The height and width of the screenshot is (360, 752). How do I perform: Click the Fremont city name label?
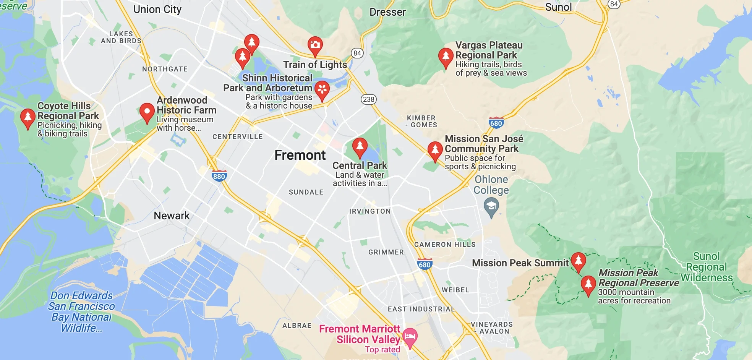click(300, 155)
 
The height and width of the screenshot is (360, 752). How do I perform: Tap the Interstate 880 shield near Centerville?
click(219, 176)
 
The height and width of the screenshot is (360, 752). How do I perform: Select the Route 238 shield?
click(368, 99)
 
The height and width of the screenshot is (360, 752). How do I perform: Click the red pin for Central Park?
click(360, 147)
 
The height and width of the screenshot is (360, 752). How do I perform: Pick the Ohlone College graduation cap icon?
click(491, 207)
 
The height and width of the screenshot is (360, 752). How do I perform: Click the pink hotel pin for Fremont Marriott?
click(410, 337)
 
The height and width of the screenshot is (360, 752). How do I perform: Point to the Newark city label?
click(172, 216)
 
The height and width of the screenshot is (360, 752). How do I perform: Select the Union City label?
click(157, 10)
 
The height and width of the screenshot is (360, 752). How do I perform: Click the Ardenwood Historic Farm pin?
click(147, 112)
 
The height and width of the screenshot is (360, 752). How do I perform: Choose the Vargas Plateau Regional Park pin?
click(445, 57)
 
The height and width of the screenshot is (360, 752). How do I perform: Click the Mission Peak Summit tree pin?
click(578, 261)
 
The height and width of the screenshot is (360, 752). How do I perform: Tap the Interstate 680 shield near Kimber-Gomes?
click(496, 123)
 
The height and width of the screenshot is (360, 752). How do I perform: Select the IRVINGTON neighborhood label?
click(370, 211)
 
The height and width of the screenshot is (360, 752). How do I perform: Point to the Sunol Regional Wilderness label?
click(707, 267)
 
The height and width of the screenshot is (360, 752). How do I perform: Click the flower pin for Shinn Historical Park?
click(322, 90)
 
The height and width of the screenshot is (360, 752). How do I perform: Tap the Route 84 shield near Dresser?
click(357, 53)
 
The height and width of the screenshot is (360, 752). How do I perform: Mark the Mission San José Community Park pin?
click(435, 150)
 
